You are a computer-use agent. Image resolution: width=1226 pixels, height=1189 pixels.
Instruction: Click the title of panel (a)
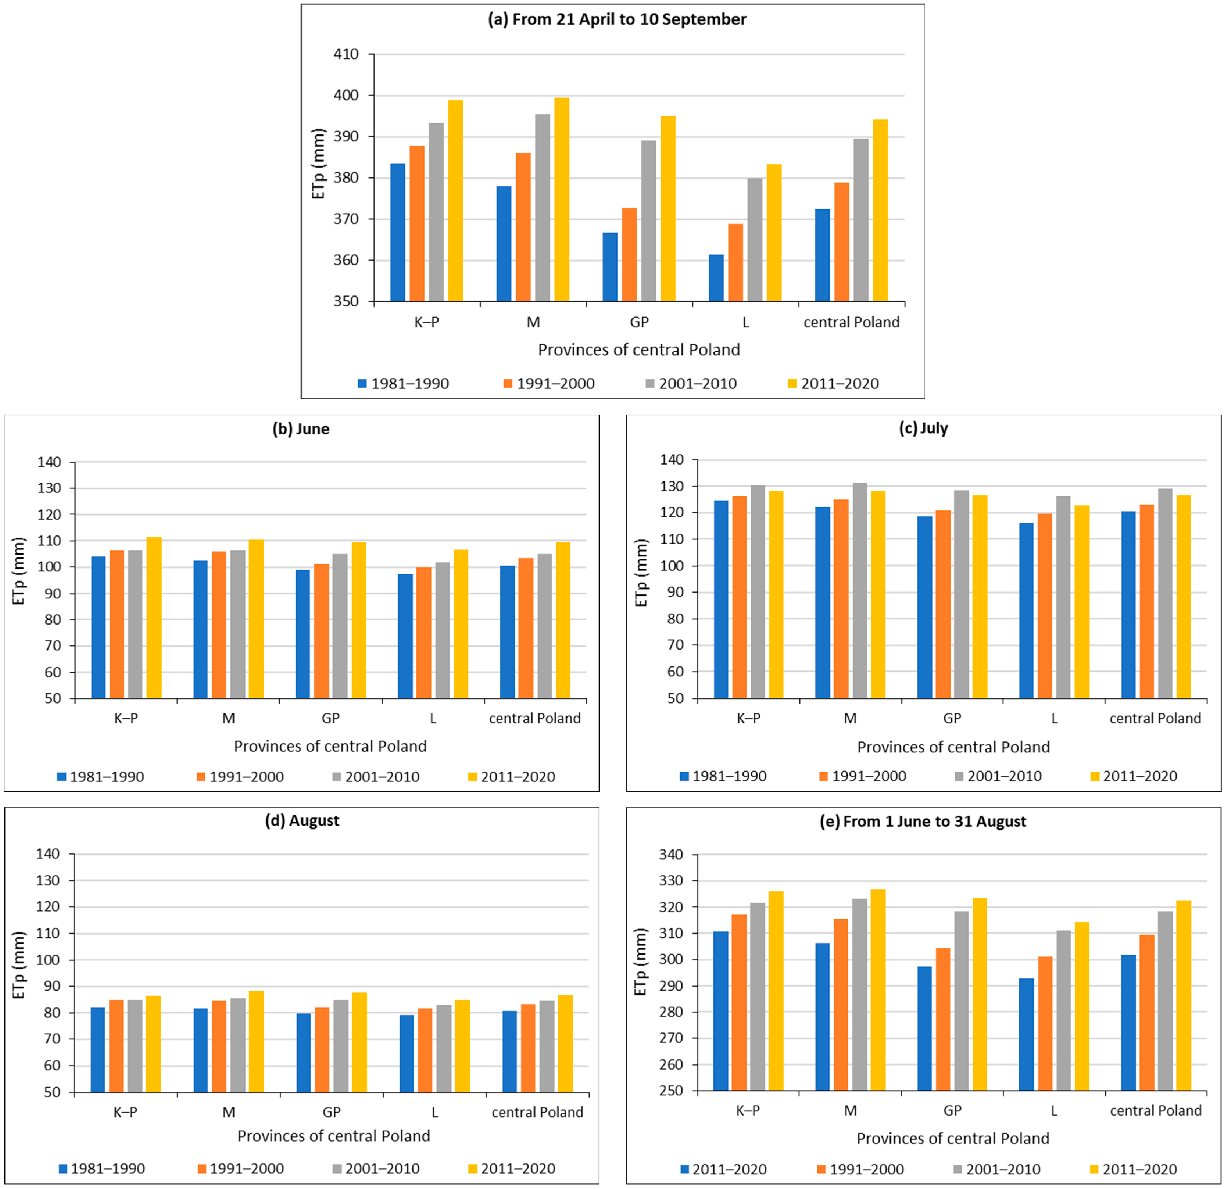tap(617, 19)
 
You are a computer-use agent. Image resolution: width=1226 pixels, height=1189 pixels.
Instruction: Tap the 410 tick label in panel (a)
tap(346, 54)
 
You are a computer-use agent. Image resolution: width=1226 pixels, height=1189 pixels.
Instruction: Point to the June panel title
tap(301, 429)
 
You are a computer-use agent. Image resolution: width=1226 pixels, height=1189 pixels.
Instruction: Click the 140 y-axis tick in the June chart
tap(49, 462)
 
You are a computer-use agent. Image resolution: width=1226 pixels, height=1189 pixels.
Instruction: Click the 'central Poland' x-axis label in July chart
tap(1155, 718)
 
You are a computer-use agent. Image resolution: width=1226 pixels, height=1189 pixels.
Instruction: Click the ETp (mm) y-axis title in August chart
tap(19, 964)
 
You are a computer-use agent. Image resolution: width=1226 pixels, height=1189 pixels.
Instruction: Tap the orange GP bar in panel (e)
tap(943, 1020)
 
